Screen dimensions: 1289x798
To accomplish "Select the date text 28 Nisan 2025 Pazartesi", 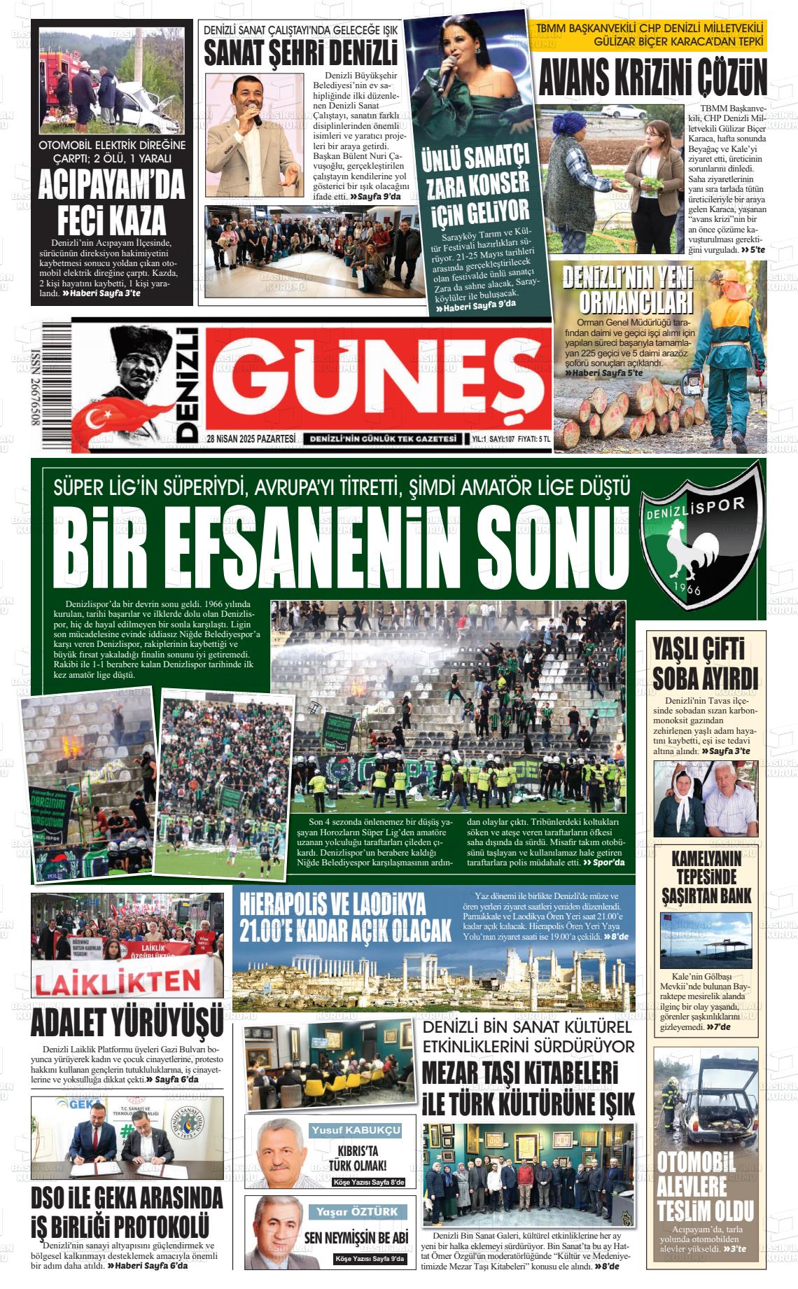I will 251,439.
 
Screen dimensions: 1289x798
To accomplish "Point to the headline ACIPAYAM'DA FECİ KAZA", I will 111,202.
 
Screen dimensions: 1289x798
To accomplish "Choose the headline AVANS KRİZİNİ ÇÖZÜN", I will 652,77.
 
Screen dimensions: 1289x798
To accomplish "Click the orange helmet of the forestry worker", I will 733,284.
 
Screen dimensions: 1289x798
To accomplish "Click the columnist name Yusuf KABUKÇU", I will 356,1130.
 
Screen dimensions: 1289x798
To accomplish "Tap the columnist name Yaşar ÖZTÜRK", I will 356,1211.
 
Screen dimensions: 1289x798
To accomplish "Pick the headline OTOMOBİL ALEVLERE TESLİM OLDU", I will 705,1186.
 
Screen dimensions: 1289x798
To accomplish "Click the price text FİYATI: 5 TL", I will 534,439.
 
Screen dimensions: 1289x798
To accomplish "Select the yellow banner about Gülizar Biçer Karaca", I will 649,35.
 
